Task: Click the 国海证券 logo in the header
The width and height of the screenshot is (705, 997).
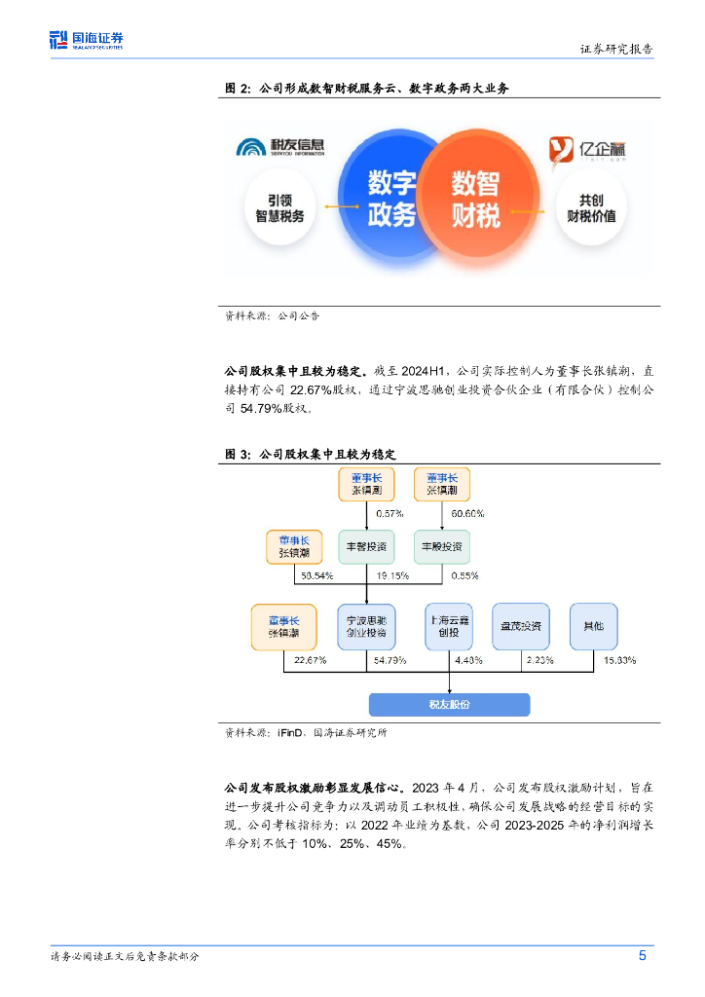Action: pyautogui.click(x=87, y=40)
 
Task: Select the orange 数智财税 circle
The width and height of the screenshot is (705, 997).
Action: pyautogui.click(x=476, y=198)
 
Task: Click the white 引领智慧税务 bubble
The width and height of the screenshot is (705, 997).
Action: pyautogui.click(x=279, y=205)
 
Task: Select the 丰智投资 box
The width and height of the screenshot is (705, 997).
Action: pyautogui.click(x=365, y=546)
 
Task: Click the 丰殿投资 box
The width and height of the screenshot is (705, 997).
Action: pyautogui.click(x=441, y=546)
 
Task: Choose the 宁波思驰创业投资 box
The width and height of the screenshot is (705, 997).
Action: pyautogui.click(x=365, y=626)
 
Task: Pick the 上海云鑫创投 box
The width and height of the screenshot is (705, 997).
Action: pyautogui.click(x=448, y=626)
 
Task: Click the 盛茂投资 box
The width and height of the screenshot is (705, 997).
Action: pyautogui.click(x=520, y=626)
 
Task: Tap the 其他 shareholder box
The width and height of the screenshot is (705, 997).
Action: pyautogui.click(x=593, y=626)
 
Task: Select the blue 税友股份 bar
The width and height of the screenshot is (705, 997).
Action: pyautogui.click(x=449, y=705)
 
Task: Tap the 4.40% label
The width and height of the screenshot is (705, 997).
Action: pyautogui.click(x=468, y=660)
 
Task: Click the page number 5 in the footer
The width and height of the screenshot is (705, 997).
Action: pyautogui.click(x=643, y=955)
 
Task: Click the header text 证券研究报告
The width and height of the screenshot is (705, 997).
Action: pyautogui.click(x=616, y=49)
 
